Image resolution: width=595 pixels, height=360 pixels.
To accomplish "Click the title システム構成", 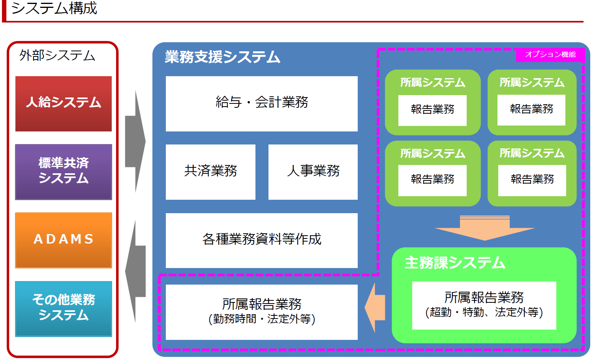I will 54,8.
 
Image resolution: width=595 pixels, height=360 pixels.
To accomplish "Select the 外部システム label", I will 57,55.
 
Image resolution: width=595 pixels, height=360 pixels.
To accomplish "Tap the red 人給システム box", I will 64,103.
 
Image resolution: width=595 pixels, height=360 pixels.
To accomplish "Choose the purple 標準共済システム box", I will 64,172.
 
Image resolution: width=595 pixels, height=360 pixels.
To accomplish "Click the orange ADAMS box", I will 64,240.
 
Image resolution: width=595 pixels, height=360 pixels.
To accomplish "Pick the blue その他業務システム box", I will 64,308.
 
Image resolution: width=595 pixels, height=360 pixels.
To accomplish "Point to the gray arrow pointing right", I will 135,141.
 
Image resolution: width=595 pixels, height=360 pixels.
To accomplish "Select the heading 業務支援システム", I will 222,57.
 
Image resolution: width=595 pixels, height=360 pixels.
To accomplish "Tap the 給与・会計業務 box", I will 261,103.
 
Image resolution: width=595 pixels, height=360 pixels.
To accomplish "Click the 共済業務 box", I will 210,172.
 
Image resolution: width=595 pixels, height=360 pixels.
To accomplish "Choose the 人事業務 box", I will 313,172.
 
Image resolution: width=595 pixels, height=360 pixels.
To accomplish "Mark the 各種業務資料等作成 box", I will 261,240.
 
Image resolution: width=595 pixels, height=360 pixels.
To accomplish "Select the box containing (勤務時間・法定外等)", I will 261,312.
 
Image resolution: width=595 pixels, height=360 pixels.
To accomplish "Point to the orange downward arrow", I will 484,229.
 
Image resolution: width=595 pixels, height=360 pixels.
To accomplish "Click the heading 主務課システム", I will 455,263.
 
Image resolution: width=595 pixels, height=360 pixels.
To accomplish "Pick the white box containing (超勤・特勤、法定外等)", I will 484,305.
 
